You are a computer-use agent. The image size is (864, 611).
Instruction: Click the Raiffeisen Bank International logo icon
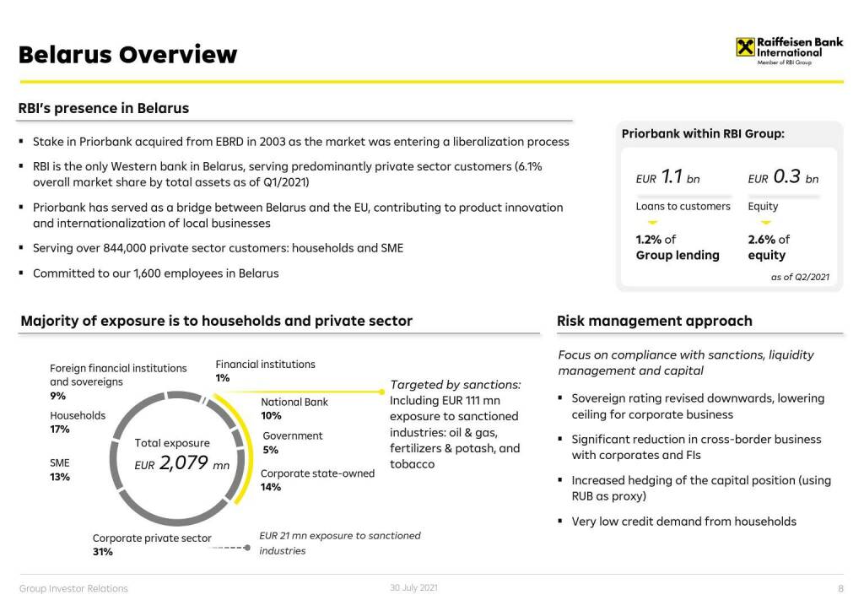pyautogui.click(x=745, y=47)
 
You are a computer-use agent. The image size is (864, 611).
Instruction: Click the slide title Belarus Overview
pyautogui.click(x=127, y=55)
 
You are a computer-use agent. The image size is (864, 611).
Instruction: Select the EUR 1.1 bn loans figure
pyautogui.click(x=667, y=177)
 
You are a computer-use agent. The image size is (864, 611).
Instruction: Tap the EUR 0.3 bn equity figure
pyautogui.click(x=783, y=177)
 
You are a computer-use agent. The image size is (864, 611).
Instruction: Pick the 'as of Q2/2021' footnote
pyautogui.click(x=800, y=277)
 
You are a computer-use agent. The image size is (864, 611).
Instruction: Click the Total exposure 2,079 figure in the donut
pyautogui.click(x=181, y=462)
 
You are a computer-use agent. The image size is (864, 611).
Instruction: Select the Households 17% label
pyautogui.click(x=78, y=422)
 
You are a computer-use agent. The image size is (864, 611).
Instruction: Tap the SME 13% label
pyautogui.click(x=60, y=470)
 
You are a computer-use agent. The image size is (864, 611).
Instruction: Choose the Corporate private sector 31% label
pyautogui.click(x=152, y=544)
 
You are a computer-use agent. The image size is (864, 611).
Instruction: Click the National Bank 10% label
pyautogui.click(x=294, y=408)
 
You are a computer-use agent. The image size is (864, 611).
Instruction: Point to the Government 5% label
pyautogui.click(x=292, y=442)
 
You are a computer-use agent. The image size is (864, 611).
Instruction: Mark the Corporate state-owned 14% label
pyautogui.click(x=317, y=480)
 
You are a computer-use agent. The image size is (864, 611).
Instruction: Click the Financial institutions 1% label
pyautogui.click(x=265, y=370)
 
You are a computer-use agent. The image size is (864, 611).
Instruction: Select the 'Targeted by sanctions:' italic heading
pyautogui.click(x=455, y=385)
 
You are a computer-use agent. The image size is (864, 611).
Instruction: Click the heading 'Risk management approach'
pyautogui.click(x=654, y=321)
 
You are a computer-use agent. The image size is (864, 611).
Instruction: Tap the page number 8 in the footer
pyautogui.click(x=840, y=588)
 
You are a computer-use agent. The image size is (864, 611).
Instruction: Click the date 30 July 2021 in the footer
pyautogui.click(x=413, y=587)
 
